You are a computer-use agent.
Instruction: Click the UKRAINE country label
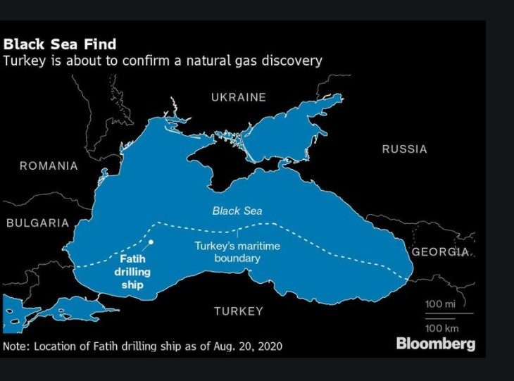[x=239, y=97]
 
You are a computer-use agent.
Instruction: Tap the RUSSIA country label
[x=404, y=149]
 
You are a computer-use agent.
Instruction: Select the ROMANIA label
[x=49, y=166]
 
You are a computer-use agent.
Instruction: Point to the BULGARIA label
[x=38, y=223]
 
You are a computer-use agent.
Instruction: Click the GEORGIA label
[x=439, y=252]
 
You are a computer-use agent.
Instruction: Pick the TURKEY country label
[x=239, y=311]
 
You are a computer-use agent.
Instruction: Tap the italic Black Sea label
[x=237, y=211]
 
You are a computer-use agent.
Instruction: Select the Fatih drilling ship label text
[x=128, y=271]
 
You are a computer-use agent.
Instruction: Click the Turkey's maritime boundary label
[x=237, y=252]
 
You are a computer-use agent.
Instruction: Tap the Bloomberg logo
[x=435, y=344]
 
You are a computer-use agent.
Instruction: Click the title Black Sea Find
[x=60, y=45]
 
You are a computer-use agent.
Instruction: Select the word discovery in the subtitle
[x=292, y=61]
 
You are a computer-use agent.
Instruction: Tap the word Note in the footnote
[x=15, y=346]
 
